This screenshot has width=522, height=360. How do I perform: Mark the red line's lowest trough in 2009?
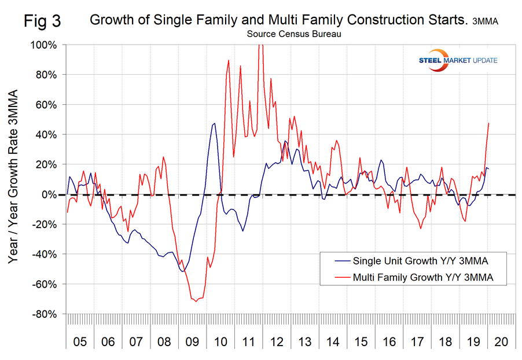pos(196,302)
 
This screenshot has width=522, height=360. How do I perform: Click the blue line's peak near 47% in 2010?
pos(215,123)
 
